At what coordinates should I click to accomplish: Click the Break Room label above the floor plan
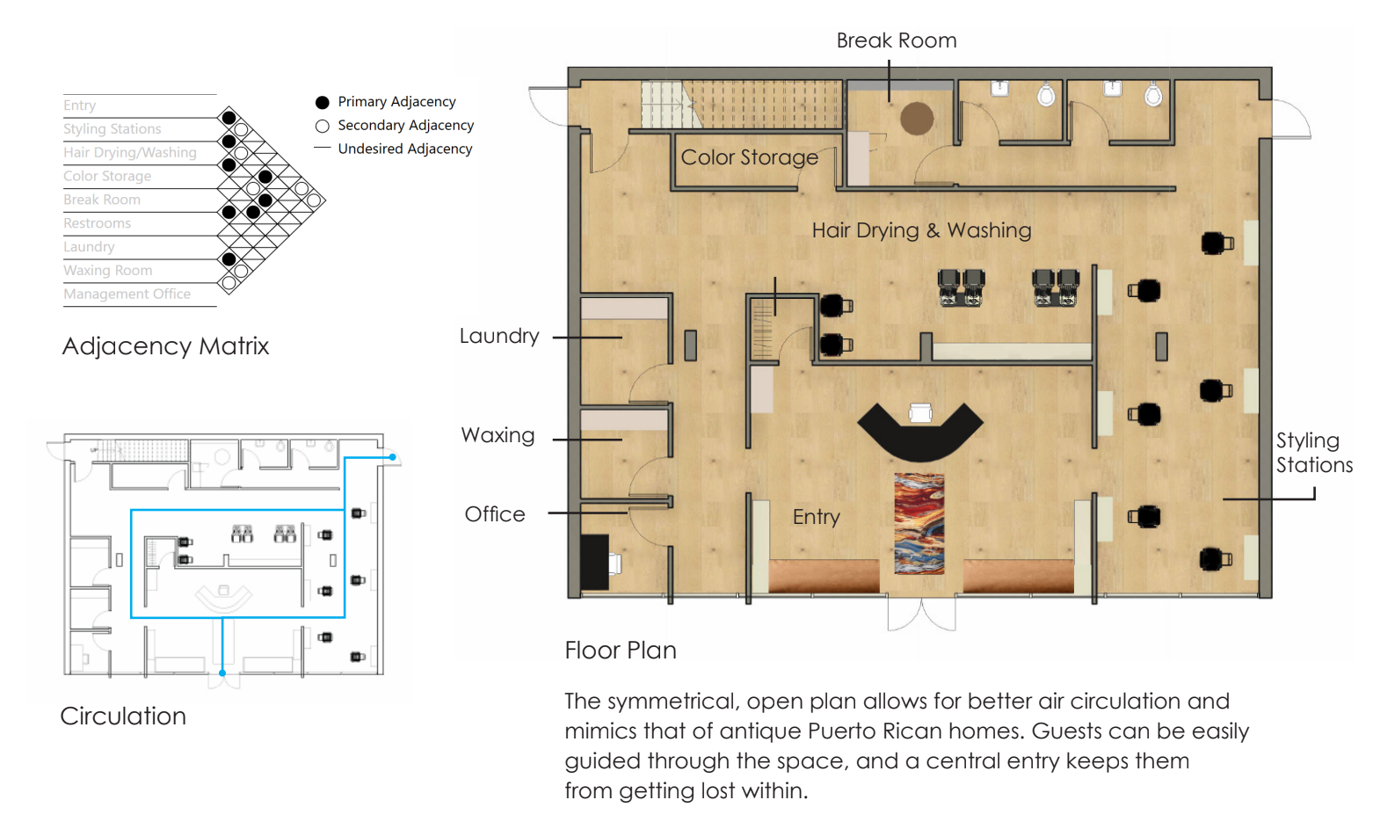(x=896, y=40)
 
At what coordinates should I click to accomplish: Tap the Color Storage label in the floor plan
(x=749, y=157)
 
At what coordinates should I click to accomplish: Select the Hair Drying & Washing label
(x=921, y=230)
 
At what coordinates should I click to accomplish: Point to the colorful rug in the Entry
(x=919, y=523)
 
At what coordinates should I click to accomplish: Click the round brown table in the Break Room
(x=916, y=119)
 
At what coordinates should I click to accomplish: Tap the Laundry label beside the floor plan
(x=499, y=336)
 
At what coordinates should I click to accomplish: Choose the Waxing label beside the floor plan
(x=498, y=435)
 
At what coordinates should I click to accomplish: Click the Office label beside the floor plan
(x=495, y=513)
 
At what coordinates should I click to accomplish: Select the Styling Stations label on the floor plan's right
(x=1314, y=453)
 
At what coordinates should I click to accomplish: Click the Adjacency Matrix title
(x=165, y=346)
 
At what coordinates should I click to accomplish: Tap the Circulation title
(x=123, y=716)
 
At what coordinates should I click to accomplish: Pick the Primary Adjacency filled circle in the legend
(x=322, y=102)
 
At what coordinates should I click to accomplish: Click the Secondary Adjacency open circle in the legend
(x=322, y=127)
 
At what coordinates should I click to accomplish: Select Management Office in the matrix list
(x=127, y=295)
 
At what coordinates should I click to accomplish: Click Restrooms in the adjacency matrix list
(x=97, y=223)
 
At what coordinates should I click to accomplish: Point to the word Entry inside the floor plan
(x=816, y=517)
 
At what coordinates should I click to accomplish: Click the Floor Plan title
(x=621, y=651)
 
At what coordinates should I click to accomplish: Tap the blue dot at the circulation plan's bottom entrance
(x=222, y=673)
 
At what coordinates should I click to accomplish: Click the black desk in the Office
(x=594, y=562)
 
